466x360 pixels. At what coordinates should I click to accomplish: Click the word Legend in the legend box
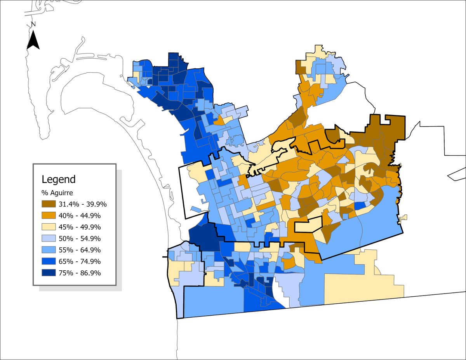[x=59, y=180]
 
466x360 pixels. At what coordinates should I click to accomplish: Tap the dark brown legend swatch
[x=49, y=204]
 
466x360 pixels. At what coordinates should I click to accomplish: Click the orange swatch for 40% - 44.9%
[x=49, y=216]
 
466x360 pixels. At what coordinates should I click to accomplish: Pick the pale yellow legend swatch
[x=49, y=227]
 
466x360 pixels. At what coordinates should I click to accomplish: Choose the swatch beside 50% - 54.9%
[x=49, y=238]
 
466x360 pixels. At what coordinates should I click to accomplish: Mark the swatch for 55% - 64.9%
[x=49, y=250]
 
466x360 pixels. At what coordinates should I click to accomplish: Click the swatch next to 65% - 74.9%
[x=49, y=261]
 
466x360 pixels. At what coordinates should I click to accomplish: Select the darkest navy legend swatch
[x=49, y=273]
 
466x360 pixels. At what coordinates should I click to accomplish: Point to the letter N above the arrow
[x=33, y=24]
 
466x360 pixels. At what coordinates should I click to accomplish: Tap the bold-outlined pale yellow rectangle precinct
[x=309, y=224]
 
